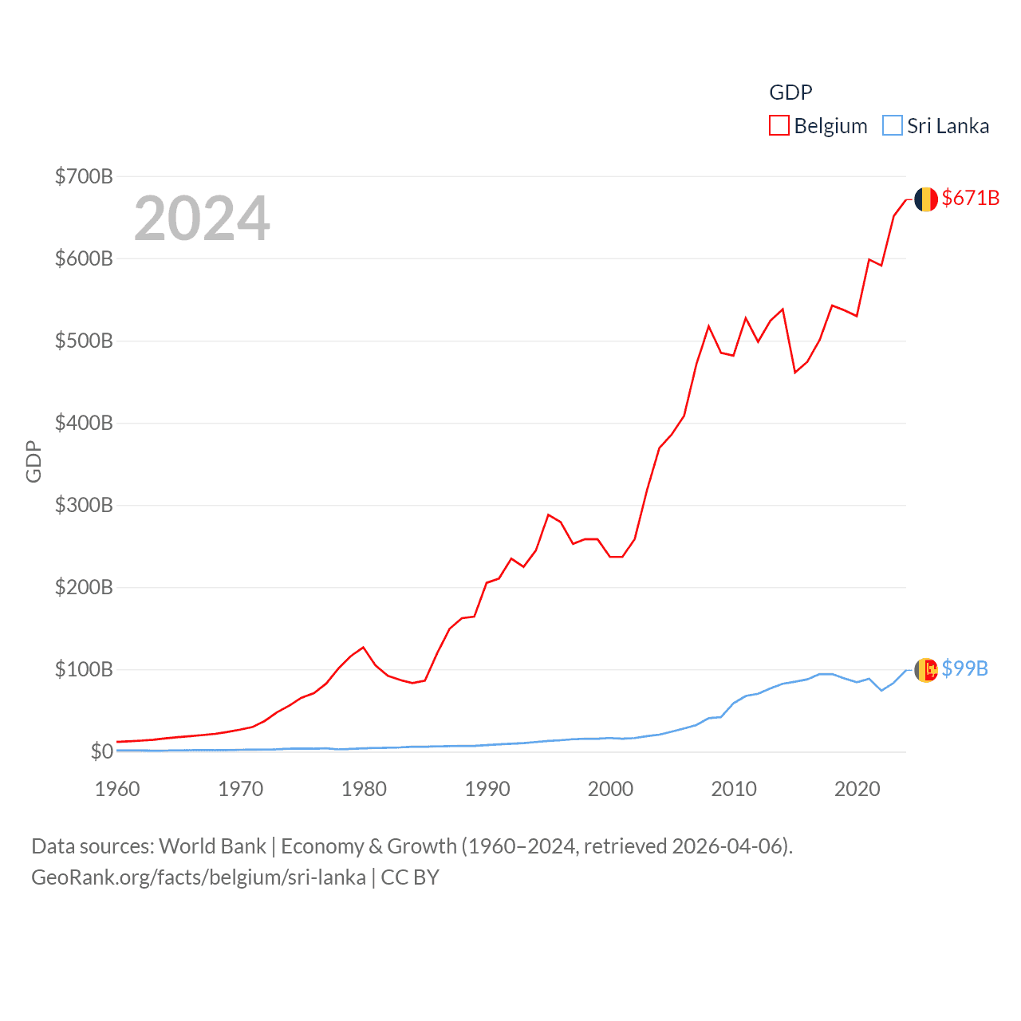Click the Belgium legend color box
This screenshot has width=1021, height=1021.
point(779,126)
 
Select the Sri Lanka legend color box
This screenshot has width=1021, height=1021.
point(893,126)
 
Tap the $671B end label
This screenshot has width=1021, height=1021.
point(970,198)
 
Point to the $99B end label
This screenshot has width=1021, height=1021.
point(964,668)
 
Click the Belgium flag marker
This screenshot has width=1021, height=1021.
point(925,199)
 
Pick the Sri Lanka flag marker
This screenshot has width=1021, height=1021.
point(925,670)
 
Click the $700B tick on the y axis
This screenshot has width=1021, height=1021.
point(84,176)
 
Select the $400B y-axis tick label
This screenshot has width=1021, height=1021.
point(84,423)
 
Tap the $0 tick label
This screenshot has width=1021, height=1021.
point(101,751)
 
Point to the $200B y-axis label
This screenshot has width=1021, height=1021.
point(84,588)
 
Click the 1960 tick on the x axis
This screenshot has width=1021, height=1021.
point(117,789)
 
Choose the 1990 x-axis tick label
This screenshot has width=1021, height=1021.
point(487,789)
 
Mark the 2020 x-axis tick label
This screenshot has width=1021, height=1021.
point(857,789)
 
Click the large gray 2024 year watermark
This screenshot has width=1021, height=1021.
point(202,219)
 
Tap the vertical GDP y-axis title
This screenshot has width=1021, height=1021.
point(34,461)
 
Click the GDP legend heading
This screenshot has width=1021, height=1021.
point(790,93)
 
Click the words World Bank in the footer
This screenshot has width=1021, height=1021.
point(213,846)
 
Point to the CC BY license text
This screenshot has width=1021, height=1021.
point(410,877)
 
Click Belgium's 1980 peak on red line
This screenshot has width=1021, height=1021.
point(363,647)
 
